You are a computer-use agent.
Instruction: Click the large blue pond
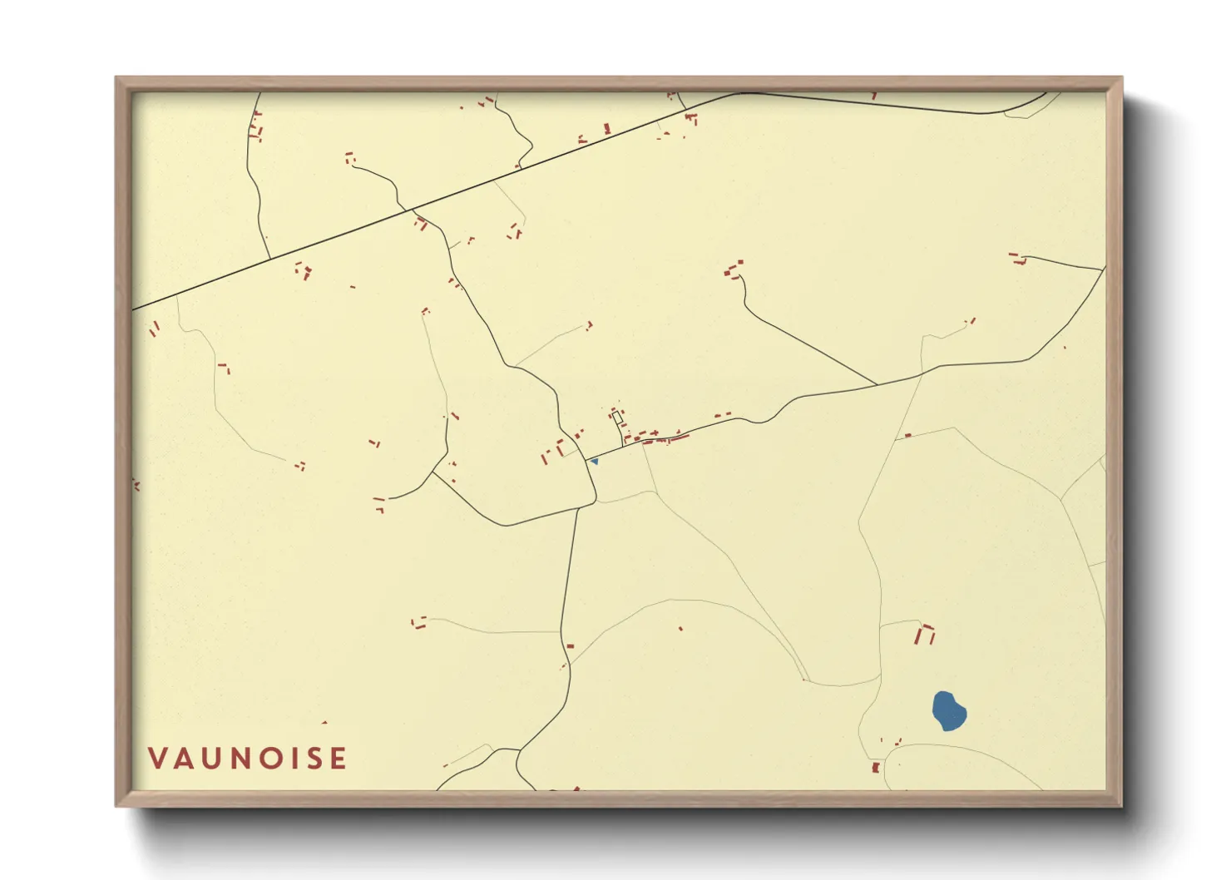click(x=948, y=711)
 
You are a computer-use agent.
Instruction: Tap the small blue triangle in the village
click(x=594, y=461)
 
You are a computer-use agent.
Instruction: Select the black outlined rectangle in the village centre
click(x=617, y=418)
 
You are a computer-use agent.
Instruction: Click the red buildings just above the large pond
click(x=925, y=635)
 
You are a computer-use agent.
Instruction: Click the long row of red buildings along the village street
click(x=661, y=437)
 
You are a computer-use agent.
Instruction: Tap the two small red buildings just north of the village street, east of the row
click(x=722, y=414)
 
